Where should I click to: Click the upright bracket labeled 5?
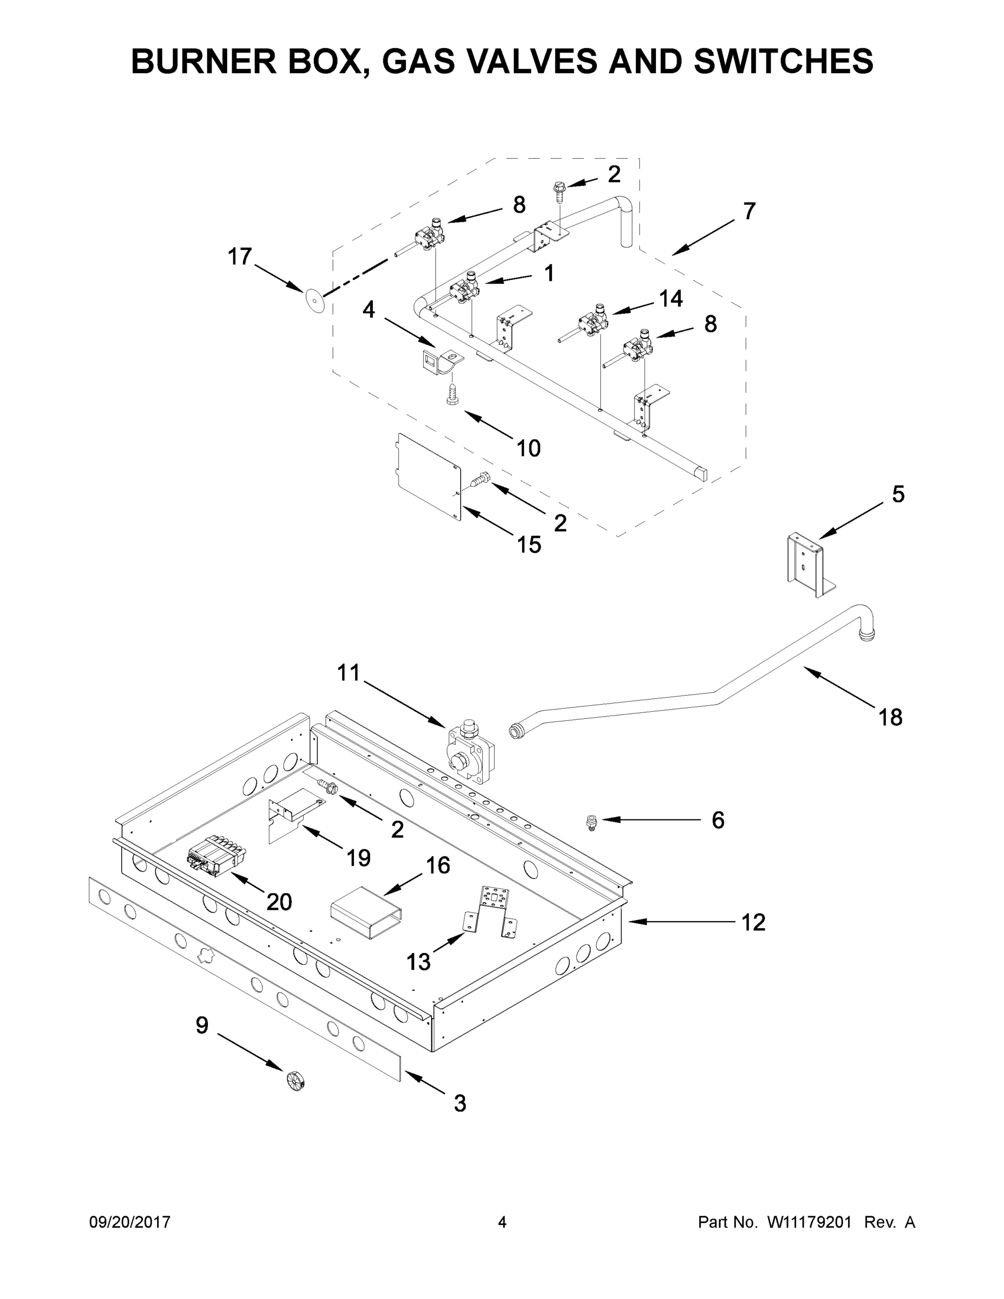pyautogui.click(x=810, y=565)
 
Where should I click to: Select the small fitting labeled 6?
pyautogui.click(x=591, y=823)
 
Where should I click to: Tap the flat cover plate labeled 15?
pyautogui.click(x=428, y=476)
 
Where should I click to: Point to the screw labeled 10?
pyautogui.click(x=452, y=393)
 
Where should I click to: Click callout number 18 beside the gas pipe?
pyautogui.click(x=890, y=718)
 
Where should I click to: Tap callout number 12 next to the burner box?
pyautogui.click(x=753, y=922)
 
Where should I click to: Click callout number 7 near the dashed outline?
pyautogui.click(x=749, y=211)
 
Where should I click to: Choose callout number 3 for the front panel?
pyautogui.click(x=460, y=1104)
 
